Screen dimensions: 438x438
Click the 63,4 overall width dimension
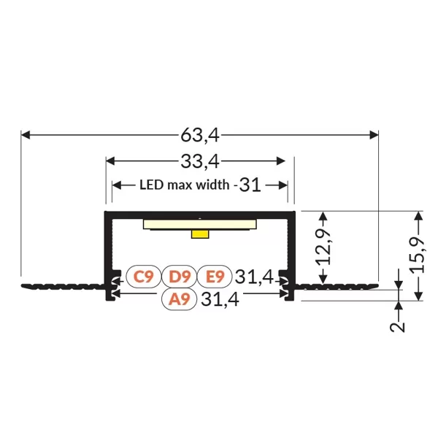click(200, 135)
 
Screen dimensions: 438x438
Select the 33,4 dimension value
click(200, 161)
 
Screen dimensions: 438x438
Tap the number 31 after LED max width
click(250, 185)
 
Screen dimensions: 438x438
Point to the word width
click(212, 185)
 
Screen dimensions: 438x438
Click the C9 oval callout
click(144, 277)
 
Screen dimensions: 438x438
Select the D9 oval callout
click(180, 277)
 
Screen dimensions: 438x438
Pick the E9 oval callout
click(215, 277)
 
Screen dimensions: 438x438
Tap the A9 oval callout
click(180, 299)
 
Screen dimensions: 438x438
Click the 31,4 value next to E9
click(254, 277)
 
